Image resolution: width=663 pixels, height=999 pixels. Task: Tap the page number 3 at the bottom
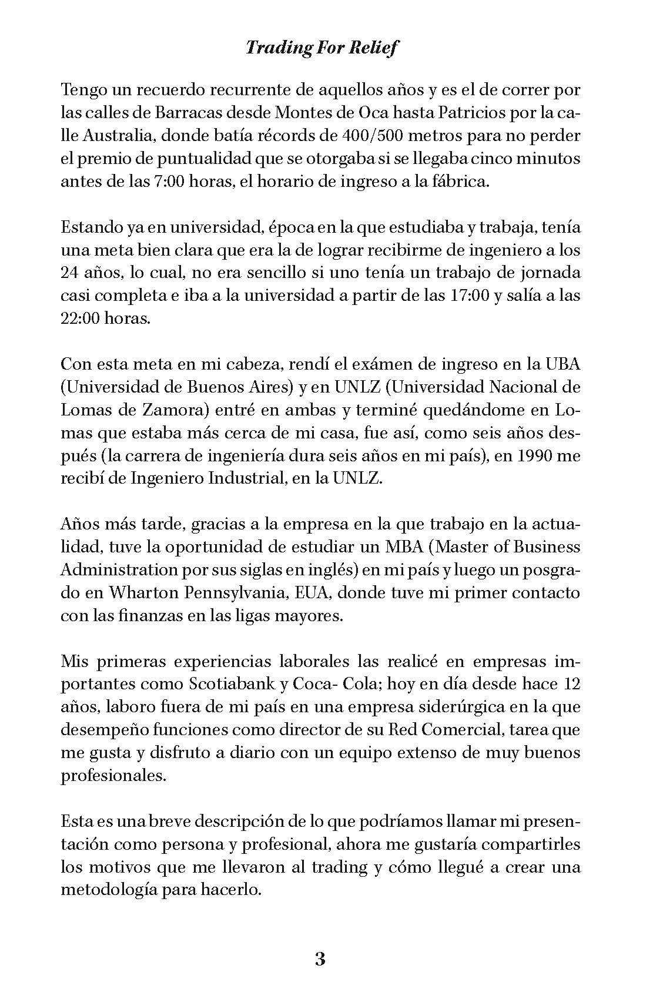(320, 959)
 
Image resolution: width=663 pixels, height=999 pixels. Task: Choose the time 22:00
(81, 319)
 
